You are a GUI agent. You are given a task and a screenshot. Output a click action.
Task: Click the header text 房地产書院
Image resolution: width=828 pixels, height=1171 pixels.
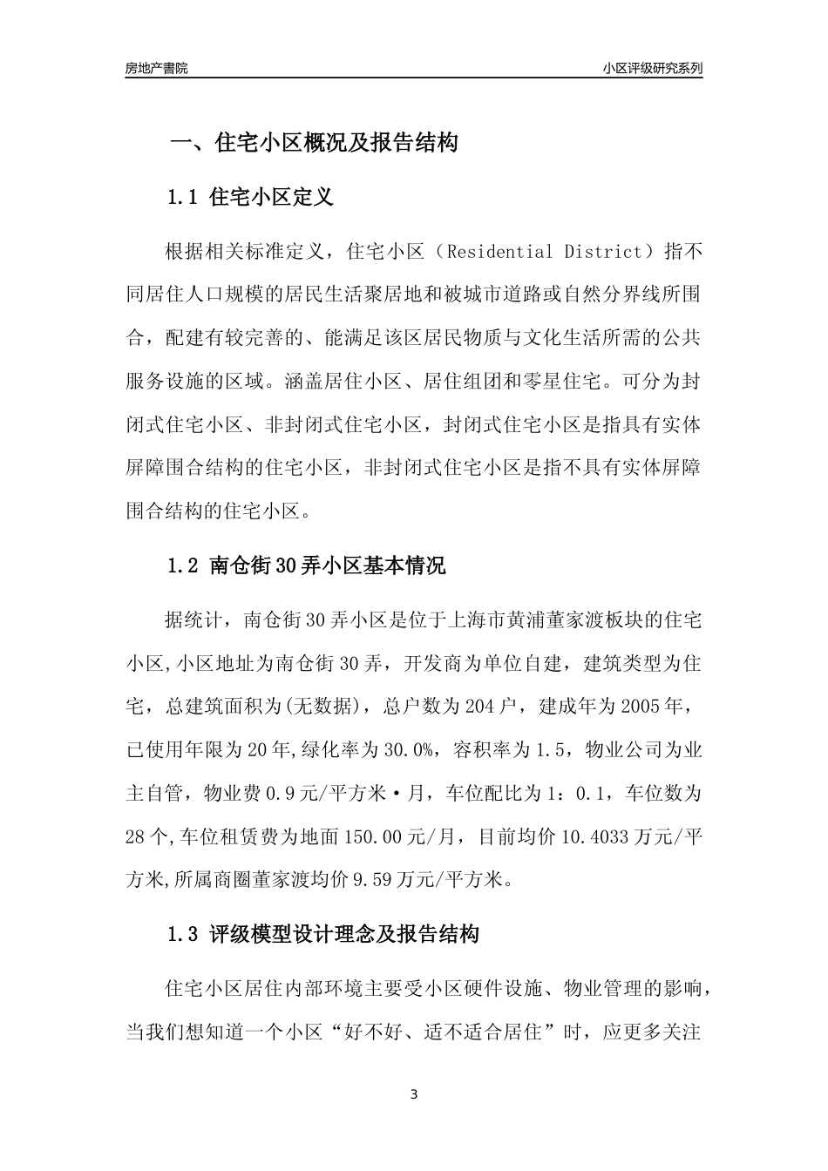[156, 68]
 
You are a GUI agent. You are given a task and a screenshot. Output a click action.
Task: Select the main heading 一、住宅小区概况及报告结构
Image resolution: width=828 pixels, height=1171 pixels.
[313, 144]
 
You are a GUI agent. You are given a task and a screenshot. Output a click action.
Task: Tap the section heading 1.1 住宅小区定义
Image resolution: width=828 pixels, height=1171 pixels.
[250, 198]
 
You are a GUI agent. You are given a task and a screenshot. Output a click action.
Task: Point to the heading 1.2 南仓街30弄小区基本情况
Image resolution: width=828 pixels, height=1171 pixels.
[306, 566]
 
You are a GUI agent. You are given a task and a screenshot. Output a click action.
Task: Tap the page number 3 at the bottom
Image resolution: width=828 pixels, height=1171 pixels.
[414, 1095]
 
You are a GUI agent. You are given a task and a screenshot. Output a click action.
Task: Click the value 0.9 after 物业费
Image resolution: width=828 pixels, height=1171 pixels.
[277, 794]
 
